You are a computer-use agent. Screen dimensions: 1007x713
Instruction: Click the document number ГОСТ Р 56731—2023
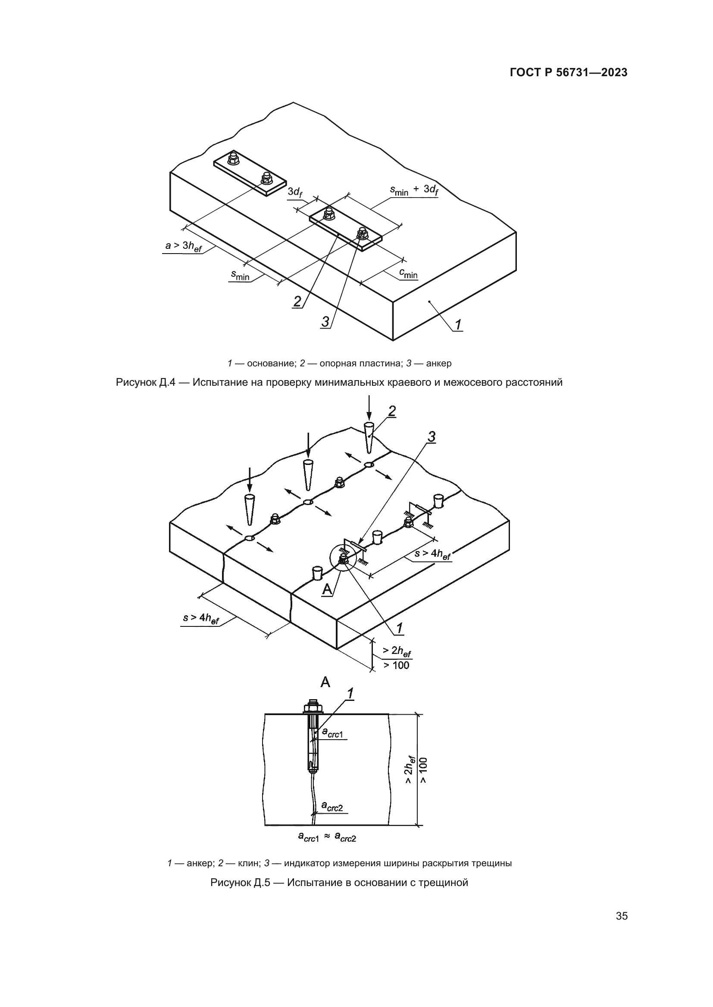click(569, 73)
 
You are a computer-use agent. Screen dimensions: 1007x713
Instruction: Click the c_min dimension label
click(408, 274)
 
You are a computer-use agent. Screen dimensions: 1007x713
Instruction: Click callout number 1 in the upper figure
click(458, 325)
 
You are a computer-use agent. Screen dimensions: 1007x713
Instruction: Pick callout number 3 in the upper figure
click(325, 322)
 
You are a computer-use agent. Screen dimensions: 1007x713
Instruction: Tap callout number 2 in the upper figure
click(297, 301)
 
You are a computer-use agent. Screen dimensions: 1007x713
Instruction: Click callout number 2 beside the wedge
click(391, 411)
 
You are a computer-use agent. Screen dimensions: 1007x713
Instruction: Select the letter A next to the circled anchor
click(327, 590)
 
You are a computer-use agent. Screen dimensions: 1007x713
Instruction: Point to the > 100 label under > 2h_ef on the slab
click(396, 665)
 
